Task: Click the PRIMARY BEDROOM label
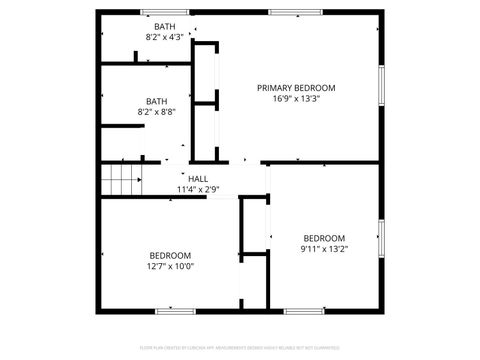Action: coord(296,87)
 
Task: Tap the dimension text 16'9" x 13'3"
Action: coord(296,98)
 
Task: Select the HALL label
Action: coord(184,178)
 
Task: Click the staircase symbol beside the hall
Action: coord(120,181)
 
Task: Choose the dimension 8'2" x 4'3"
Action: coord(163,37)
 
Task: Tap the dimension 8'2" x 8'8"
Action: coord(156,111)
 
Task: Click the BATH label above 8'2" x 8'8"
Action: coord(156,100)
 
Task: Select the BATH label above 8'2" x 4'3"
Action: coord(163,26)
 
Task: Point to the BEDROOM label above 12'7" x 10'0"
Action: coord(170,255)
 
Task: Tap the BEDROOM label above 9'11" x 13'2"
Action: coord(324,238)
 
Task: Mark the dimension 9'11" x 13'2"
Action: coord(324,249)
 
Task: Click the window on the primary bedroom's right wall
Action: coord(380,87)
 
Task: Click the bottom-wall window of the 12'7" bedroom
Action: coord(175,311)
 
